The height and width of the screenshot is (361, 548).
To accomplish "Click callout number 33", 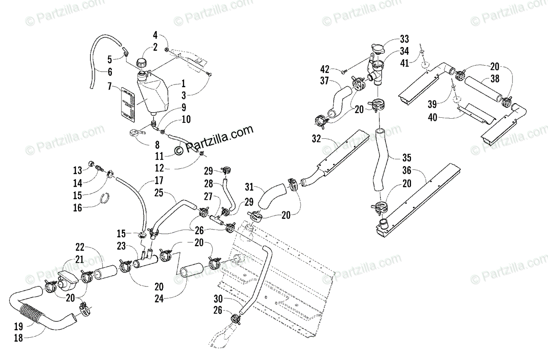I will [x=404, y=39].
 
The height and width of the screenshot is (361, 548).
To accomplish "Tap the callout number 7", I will [x=110, y=86].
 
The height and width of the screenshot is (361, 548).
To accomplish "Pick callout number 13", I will [x=78, y=170].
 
